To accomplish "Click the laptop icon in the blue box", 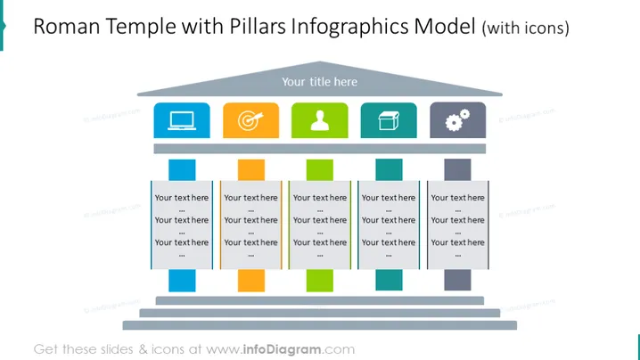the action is click(182, 121).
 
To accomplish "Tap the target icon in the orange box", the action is click(250, 120).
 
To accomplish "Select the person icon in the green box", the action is click(320, 121).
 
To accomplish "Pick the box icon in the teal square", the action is click(389, 121).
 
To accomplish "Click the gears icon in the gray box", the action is click(457, 120).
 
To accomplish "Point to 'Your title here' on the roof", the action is click(320, 82).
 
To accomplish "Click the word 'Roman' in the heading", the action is click(67, 27).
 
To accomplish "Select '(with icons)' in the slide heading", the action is click(525, 28).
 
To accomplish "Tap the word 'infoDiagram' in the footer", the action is click(282, 349).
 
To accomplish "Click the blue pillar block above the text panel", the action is click(182, 170).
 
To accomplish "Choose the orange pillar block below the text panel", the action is click(251, 281).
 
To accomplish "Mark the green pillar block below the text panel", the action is click(320, 281).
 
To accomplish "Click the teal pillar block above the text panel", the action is click(389, 170).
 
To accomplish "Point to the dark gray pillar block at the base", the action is click(457, 280).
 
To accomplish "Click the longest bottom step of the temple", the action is click(320, 325).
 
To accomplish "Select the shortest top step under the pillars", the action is click(320, 301).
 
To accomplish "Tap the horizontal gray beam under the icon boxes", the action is click(320, 149).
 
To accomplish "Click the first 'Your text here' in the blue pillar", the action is click(182, 198).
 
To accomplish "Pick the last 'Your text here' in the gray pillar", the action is click(457, 242).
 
